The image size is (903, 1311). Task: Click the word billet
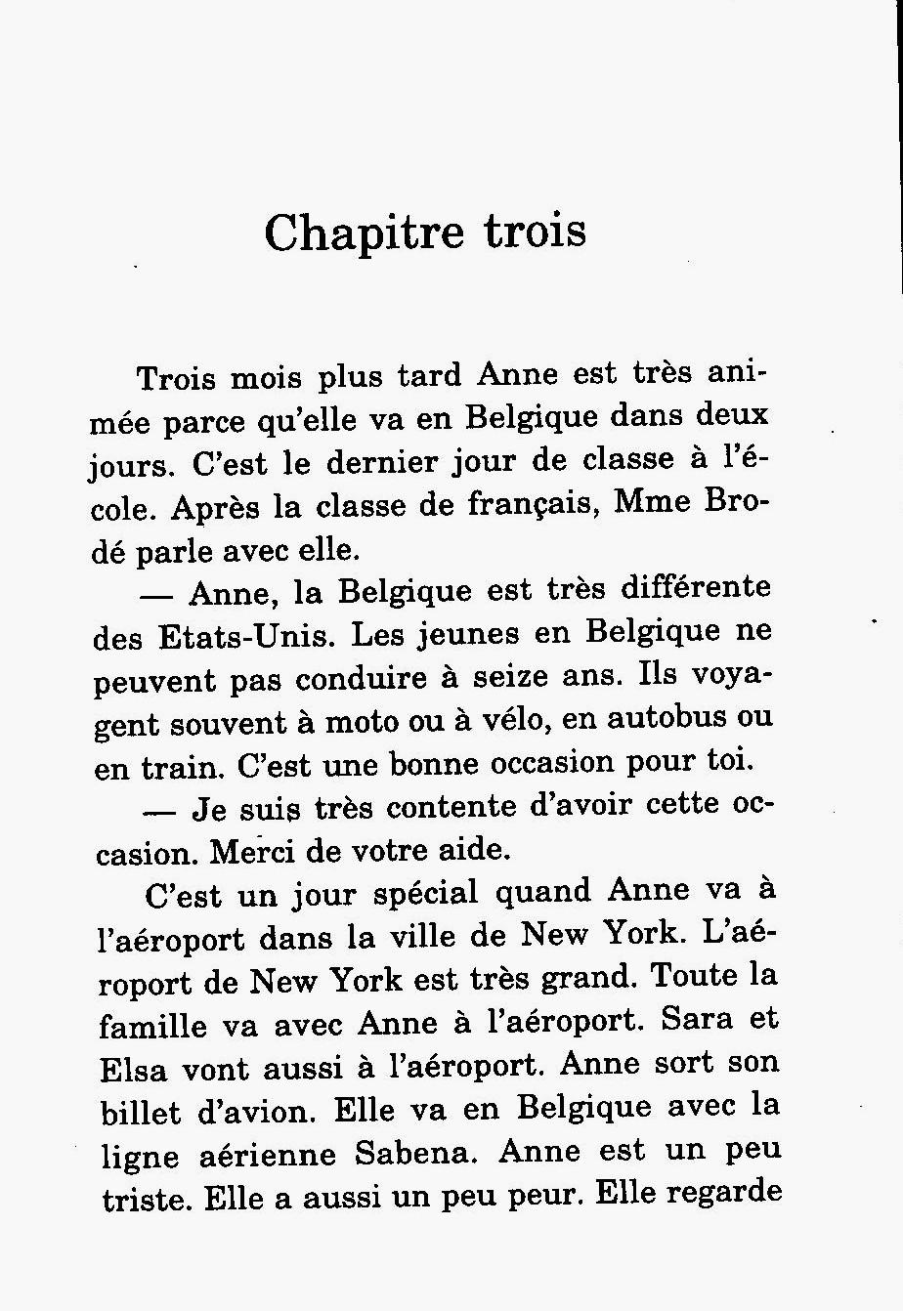pyautogui.click(x=140, y=1113)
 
